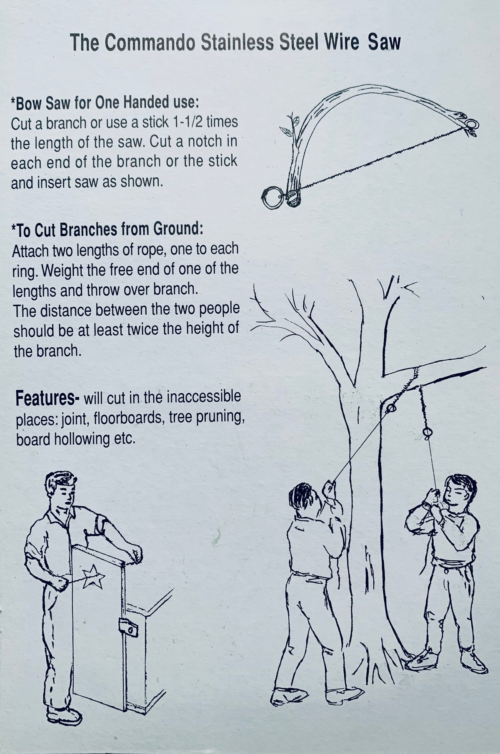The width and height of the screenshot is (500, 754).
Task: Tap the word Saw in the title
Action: click(384, 42)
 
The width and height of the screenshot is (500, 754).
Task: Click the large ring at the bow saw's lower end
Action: click(273, 195)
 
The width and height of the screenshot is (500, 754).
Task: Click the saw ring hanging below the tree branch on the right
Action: click(426, 433)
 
